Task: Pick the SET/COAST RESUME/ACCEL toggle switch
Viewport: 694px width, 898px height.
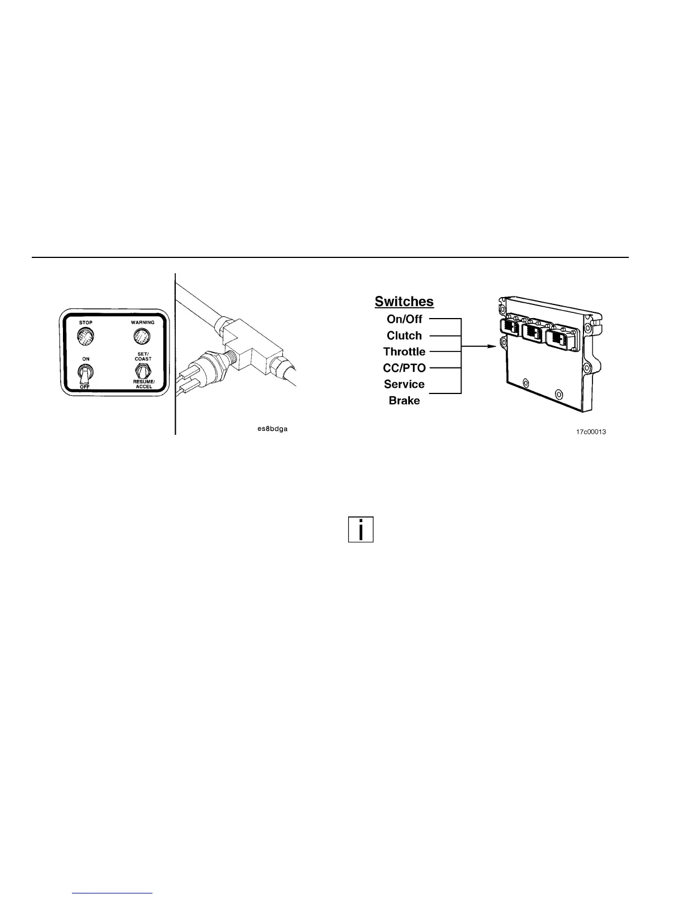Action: point(143,372)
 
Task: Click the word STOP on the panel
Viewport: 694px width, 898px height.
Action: point(86,323)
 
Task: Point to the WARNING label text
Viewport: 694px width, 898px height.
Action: point(142,323)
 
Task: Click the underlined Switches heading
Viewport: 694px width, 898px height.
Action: point(404,302)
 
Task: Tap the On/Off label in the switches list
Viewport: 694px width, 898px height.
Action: point(404,319)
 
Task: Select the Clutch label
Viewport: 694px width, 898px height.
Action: point(404,336)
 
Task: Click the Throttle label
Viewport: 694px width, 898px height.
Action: point(404,351)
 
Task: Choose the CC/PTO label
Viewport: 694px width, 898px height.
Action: point(404,368)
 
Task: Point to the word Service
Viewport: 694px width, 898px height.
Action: point(404,384)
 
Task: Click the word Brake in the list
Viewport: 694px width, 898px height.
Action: point(404,401)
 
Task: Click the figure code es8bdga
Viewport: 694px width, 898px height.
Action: point(272,429)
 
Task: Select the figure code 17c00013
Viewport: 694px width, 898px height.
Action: point(591,432)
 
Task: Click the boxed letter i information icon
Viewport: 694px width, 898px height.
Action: point(361,530)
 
